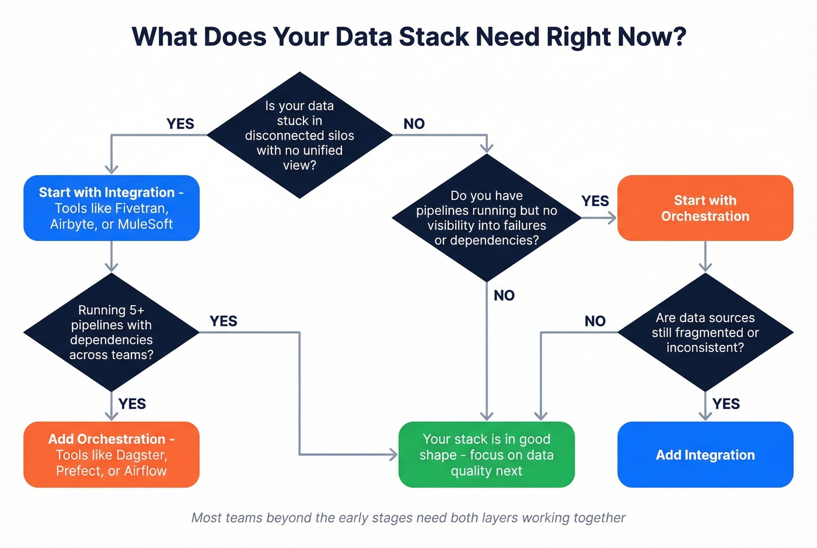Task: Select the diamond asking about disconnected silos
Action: [x=299, y=135]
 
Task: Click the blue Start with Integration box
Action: [x=111, y=208]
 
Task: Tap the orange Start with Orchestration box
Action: [x=705, y=208]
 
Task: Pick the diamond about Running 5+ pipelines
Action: [x=111, y=332]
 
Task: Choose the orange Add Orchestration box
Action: [x=111, y=455]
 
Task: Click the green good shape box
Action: [x=486, y=455]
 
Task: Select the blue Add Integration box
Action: [x=705, y=455]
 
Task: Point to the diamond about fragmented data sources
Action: [x=705, y=332]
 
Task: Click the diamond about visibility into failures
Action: [x=486, y=218]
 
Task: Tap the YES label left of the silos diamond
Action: [x=180, y=124]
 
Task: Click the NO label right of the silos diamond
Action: [x=414, y=124]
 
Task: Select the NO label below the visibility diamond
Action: [x=504, y=295]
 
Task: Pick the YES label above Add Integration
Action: [x=726, y=404]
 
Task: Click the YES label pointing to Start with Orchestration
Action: [x=595, y=201]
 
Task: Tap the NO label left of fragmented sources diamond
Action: [x=595, y=321]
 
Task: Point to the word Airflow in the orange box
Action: [x=145, y=471]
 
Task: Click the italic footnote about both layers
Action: [x=408, y=518]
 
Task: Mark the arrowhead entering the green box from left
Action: [x=394, y=455]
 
